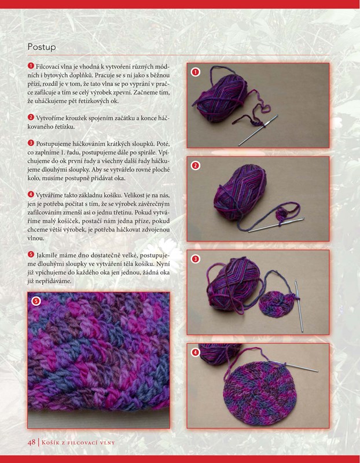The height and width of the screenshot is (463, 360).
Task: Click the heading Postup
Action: [42, 47]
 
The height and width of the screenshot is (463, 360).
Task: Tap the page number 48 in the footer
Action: [32, 442]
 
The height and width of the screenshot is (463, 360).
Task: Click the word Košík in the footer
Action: [52, 442]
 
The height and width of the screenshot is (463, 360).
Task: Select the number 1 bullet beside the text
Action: [31, 65]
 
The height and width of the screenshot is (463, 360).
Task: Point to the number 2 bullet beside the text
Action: [31, 117]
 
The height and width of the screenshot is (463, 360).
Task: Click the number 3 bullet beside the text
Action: [31, 143]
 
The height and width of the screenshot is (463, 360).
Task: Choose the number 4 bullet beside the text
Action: [31, 194]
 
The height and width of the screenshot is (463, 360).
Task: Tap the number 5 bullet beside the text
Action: [31, 254]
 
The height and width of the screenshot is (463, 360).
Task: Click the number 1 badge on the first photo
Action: [195, 72]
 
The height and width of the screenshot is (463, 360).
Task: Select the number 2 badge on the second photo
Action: [195, 166]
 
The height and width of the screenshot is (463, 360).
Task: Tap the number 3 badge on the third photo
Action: [195, 259]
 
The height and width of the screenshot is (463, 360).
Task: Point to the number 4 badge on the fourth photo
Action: [195, 352]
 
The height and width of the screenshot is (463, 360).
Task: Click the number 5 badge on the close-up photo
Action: [36, 300]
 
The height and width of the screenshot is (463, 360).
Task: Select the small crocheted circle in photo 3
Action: [275, 304]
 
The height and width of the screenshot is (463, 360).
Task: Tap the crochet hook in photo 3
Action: [299, 306]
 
